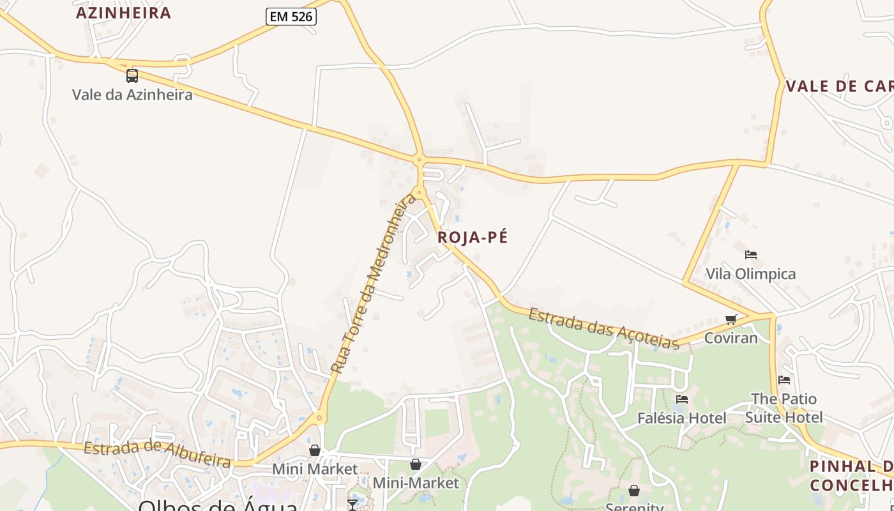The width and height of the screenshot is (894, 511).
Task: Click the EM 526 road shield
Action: tap(291, 17)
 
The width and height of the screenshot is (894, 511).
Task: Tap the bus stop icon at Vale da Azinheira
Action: tap(132, 76)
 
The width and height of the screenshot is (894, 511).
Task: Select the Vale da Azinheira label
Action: tap(132, 95)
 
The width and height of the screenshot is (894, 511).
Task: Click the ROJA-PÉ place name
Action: tap(473, 238)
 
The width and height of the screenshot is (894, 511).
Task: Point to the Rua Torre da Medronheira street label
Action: tap(374, 284)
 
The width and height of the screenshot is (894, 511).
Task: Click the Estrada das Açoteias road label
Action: tap(604, 328)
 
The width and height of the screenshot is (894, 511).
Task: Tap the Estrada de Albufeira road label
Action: tap(157, 453)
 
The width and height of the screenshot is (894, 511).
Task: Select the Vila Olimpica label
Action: tap(750, 274)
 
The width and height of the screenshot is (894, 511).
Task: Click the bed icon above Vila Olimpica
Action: tap(751, 255)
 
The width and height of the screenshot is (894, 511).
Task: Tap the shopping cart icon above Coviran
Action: tap(731, 319)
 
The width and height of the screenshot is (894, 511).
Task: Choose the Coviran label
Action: tap(731, 338)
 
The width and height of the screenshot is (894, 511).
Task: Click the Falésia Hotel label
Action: tap(682, 418)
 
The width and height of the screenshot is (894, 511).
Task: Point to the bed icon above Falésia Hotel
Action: tap(682, 399)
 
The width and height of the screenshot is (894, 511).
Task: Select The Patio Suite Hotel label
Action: tap(784, 408)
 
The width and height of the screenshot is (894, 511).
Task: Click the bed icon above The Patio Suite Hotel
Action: tap(784, 380)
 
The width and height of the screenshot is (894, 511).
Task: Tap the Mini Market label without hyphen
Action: tap(315, 469)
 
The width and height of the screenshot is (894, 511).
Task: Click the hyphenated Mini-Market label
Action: tap(416, 483)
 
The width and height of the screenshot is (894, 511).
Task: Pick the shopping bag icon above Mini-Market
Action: tap(416, 464)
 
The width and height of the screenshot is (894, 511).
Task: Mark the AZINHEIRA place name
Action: tap(124, 13)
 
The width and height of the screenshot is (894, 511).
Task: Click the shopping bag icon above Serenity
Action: tap(634, 491)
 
